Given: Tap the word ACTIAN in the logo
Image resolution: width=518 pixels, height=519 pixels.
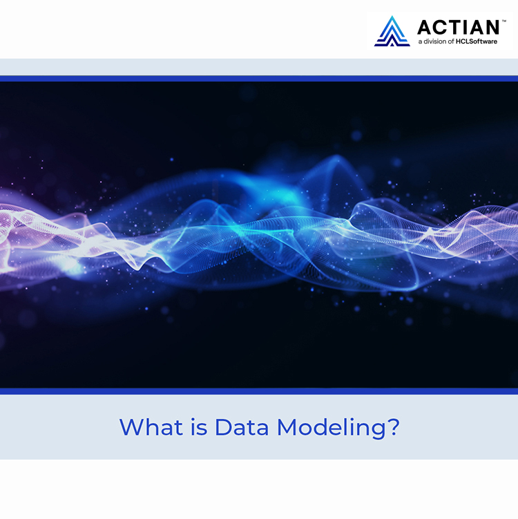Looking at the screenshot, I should [x=458, y=27].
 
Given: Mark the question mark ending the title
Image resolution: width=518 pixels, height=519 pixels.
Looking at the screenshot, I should [x=394, y=426].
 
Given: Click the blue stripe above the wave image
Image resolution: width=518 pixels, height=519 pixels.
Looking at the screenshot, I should [x=259, y=79].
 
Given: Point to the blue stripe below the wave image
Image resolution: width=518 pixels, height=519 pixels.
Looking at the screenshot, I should [x=259, y=391].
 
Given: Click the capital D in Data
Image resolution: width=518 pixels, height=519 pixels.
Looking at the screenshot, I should [x=222, y=426].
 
